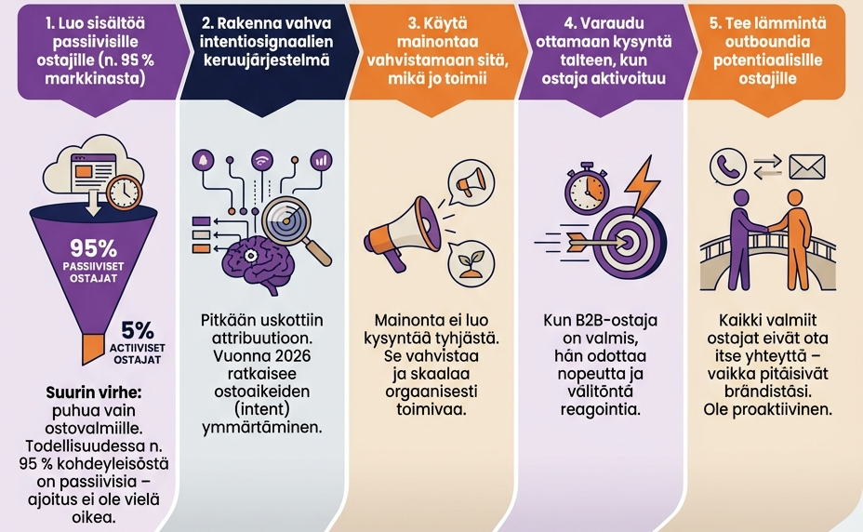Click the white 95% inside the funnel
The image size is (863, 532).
coord(93,249)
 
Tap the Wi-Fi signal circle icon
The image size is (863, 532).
coord(261,160)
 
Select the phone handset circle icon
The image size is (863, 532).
coord(724,166)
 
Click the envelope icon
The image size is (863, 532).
coord(806,166)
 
